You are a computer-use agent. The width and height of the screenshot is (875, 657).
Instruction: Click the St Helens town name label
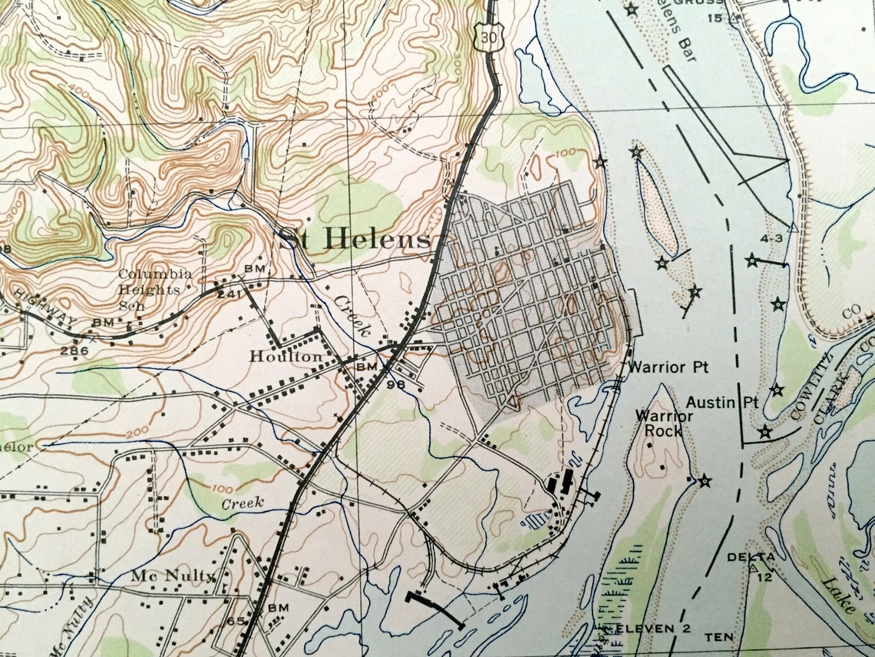(x=354, y=239)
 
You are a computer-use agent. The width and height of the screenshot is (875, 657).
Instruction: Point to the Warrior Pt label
(x=656, y=367)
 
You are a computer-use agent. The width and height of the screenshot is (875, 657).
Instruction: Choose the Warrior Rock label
(x=659, y=423)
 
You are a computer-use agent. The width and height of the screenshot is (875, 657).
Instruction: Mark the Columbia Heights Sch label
(x=150, y=290)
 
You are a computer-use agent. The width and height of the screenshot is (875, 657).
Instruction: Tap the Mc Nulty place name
(x=173, y=575)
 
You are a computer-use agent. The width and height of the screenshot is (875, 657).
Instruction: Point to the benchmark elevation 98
(x=395, y=384)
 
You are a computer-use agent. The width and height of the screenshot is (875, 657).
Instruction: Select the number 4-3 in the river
(x=771, y=239)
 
